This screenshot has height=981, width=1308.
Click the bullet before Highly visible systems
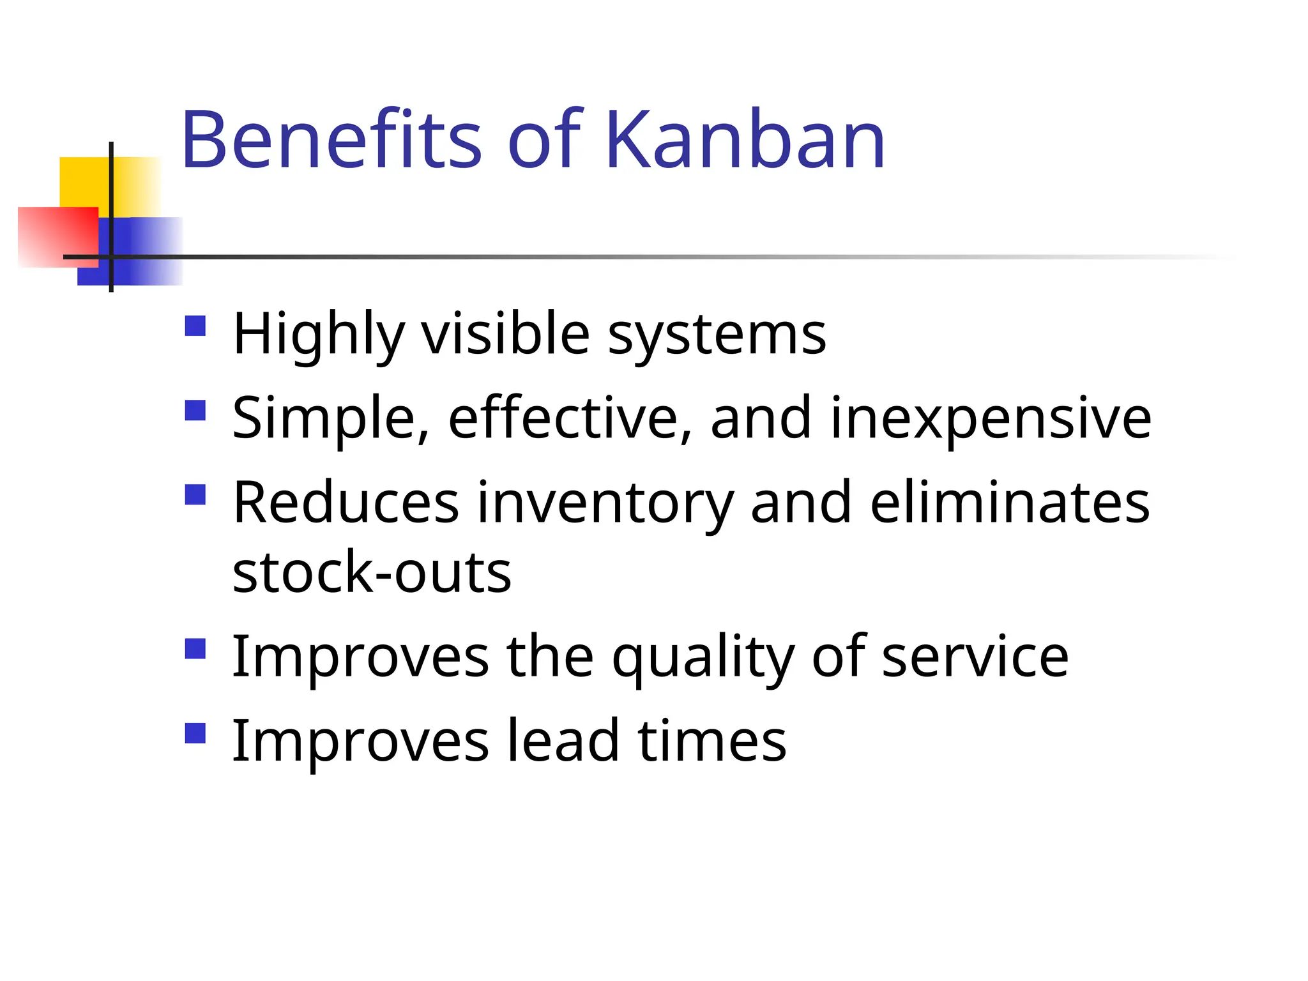click(195, 326)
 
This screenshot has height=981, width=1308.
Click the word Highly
click(319, 335)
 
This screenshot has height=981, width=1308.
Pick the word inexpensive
click(991, 418)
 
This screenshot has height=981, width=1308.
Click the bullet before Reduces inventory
click(195, 494)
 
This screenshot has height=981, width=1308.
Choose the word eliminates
click(1010, 503)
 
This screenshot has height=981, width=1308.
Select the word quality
click(703, 658)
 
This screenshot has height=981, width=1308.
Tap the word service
click(975, 658)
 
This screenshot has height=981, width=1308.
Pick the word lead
click(562, 741)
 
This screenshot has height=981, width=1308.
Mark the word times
click(711, 741)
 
